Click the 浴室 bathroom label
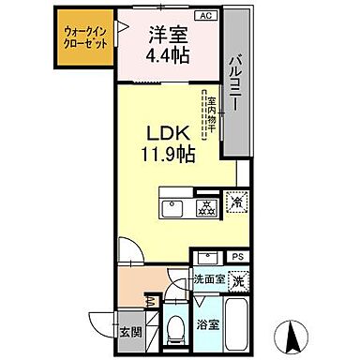click(208, 326)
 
